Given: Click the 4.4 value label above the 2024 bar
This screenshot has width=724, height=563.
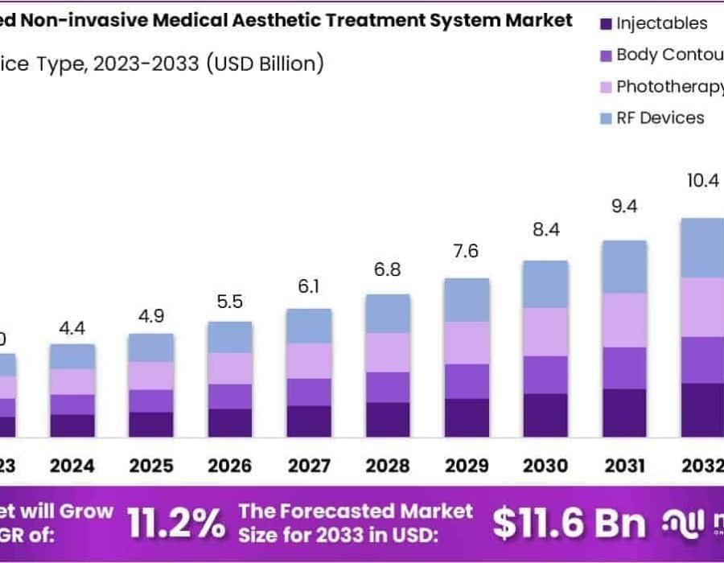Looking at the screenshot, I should (72, 327).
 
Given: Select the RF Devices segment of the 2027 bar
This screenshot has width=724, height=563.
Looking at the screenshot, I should (309, 326).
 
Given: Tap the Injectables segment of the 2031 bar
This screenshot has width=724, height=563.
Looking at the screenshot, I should (624, 413).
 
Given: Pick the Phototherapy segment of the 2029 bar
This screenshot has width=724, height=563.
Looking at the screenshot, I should (467, 343).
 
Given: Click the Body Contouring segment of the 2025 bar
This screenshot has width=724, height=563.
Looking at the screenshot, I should (150, 401).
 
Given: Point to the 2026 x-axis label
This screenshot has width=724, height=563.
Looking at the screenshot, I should (230, 466).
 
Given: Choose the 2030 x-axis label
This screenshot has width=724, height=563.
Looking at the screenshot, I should (545, 466).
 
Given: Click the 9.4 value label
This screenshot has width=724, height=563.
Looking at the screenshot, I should (624, 208).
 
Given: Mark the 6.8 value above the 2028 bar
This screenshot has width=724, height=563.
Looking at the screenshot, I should (388, 269).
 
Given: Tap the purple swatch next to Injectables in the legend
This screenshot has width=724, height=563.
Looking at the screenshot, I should (607, 24).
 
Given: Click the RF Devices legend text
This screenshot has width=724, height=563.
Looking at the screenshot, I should (660, 118).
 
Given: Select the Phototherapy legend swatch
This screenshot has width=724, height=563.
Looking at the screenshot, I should (607, 87).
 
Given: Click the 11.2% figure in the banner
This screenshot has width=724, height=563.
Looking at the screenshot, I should (176, 524).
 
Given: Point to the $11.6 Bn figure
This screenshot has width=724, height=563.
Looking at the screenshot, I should (569, 524).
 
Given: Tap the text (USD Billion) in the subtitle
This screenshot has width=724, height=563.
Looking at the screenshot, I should (265, 64).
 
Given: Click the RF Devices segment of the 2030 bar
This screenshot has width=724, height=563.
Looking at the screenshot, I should (545, 284).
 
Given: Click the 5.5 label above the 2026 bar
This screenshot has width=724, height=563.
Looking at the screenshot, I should (230, 302).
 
